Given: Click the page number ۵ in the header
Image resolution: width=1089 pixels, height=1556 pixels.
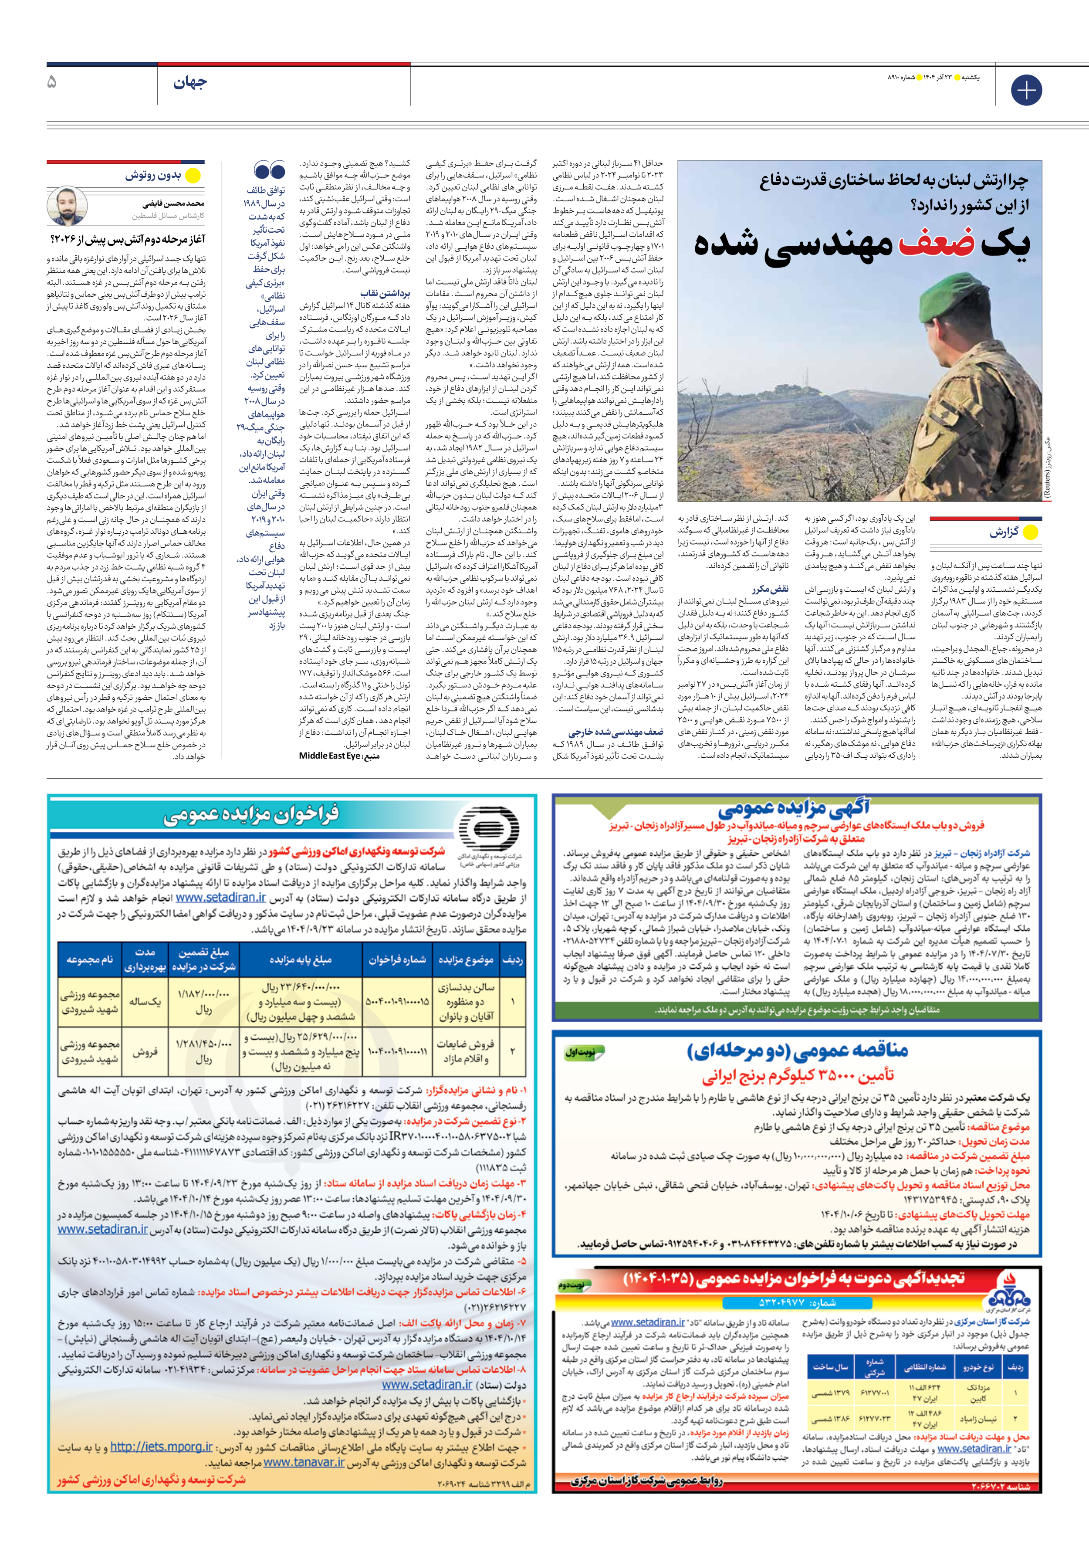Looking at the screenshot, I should pos(53,83).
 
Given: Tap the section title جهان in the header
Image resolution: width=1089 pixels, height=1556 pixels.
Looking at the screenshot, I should pos(190,83).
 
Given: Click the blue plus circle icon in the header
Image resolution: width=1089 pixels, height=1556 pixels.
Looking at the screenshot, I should pos(1026,90).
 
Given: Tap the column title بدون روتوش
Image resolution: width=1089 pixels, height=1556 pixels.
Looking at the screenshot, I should pos(153,176).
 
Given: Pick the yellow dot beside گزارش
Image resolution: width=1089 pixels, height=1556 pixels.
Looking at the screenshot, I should pos(1030,532).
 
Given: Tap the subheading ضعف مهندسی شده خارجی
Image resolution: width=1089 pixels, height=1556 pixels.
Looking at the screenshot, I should pos(616,732).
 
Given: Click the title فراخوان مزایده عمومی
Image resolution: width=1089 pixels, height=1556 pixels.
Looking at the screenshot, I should pos(251,815).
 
